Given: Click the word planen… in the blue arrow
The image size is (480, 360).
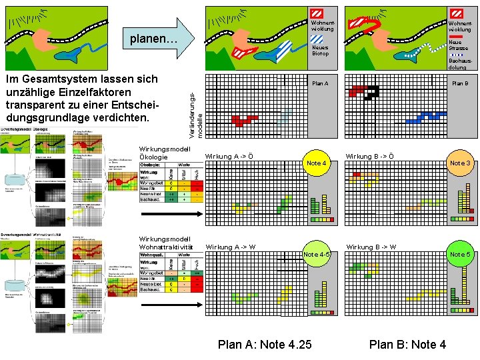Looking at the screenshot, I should pyautogui.click(x=153, y=39).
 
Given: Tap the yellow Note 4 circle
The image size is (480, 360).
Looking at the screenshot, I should pyautogui.click(x=316, y=163).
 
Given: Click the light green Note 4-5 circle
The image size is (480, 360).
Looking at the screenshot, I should pyautogui.click(x=316, y=255).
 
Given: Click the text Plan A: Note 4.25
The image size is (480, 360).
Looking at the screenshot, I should pyautogui.click(x=265, y=344).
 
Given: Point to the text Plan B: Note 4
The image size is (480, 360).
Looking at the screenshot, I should pyautogui.click(x=407, y=344).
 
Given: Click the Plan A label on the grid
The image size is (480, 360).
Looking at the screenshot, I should pyautogui.click(x=320, y=83).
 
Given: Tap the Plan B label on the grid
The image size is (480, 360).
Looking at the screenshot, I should pyautogui.click(x=460, y=83).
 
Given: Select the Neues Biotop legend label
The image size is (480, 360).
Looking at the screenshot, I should pyautogui.click(x=321, y=51).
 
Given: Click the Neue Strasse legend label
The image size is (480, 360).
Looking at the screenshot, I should pyautogui.click(x=458, y=45).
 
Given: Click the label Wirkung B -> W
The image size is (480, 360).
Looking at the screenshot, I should pyautogui.click(x=371, y=247).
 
